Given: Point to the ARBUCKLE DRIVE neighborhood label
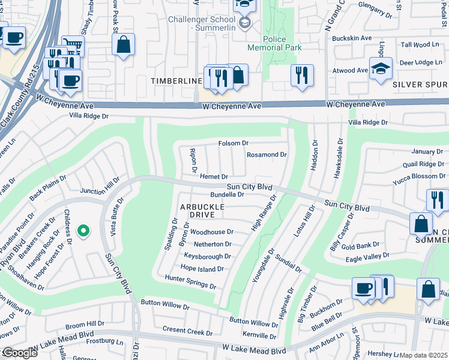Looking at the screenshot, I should tap(202, 211).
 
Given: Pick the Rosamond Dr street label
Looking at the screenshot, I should tap(267, 155).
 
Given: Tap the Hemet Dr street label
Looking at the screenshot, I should tap(214, 176).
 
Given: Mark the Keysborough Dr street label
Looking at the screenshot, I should tap(207, 256).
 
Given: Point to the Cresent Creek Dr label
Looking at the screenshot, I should tap(188, 331).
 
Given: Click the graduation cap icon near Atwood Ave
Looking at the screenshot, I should tap(381, 69).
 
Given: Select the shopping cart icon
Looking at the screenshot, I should tap(73, 46).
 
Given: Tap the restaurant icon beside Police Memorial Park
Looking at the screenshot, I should tap(301, 76).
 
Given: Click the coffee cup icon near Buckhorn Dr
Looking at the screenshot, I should tap(363, 289).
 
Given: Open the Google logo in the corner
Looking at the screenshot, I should tap(19, 353).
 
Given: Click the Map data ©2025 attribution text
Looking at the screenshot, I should tap(423, 355).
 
